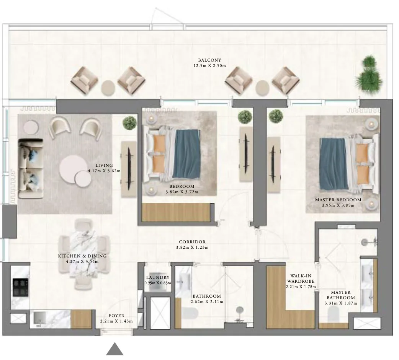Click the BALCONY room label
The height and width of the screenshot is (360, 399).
point(210,60)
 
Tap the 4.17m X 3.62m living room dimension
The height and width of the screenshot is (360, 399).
point(104,171)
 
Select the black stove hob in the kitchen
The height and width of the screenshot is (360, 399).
point(21,287)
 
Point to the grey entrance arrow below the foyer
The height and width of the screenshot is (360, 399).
point(115,349)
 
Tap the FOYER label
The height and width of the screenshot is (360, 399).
point(116,316)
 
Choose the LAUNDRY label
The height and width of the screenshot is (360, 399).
point(158,277)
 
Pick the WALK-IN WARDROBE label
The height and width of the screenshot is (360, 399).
point(301,279)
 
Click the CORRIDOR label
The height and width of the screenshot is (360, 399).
point(192,242)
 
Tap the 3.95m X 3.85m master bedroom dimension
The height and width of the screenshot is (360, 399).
point(338,205)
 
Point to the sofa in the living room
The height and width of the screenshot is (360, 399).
point(31,169)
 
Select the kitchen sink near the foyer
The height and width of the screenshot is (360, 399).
point(39,319)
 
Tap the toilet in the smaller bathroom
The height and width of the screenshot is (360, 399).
point(190,313)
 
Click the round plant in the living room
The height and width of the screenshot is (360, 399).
point(130,123)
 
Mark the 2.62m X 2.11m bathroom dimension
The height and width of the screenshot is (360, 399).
point(207,302)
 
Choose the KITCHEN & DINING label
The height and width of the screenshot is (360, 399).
point(82,256)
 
